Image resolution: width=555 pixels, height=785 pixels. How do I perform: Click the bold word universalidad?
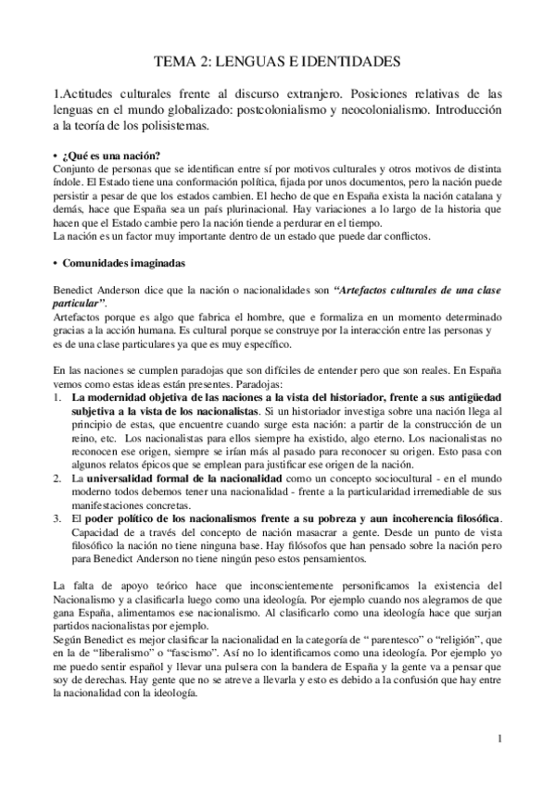coord(128,477)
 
